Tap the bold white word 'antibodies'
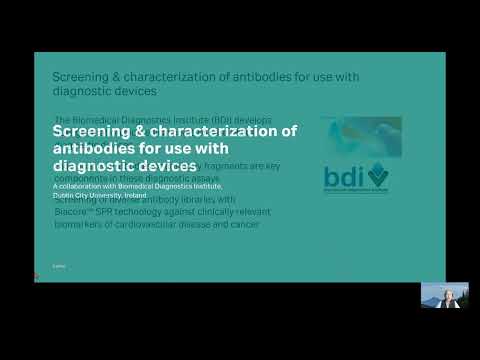(96, 148)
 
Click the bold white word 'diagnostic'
(97, 165)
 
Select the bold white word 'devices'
(170, 165)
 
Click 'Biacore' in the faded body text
(69, 212)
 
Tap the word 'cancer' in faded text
(246, 225)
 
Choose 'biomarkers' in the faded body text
(78, 225)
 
